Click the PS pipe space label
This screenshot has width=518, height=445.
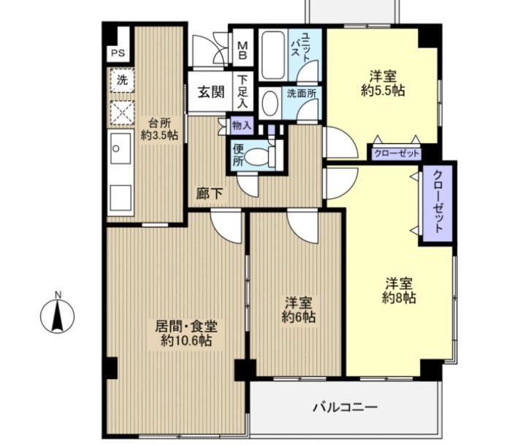tap(118, 53)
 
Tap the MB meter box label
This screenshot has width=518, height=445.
tap(243, 49)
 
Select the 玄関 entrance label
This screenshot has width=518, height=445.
tap(210, 92)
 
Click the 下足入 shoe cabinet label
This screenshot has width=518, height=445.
tap(243, 91)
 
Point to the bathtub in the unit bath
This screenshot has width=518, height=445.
tap(273, 55)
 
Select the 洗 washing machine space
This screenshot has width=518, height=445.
tap(122, 80)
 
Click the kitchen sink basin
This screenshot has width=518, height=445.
tap(121, 148)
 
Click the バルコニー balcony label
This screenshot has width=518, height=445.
tap(345, 407)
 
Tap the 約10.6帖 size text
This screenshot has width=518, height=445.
tap(186, 341)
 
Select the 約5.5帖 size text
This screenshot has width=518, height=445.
tap(383, 90)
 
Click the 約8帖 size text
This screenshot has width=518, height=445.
tap(399, 298)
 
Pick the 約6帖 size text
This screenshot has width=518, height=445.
tap(298, 317)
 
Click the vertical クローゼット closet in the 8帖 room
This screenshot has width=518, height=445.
tap(438, 204)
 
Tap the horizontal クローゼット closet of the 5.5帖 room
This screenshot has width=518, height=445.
tap(397, 153)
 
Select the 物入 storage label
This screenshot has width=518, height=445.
tap(242, 126)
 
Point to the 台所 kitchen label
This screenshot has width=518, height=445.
tap(159, 123)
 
